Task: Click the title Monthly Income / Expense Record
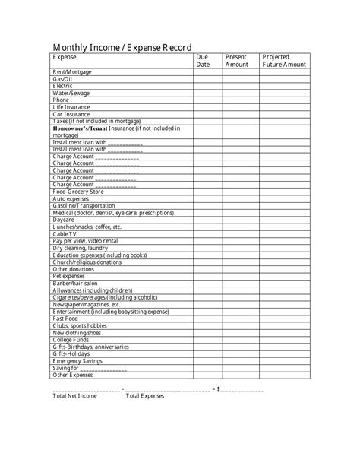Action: [x=122, y=46]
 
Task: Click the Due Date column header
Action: [x=203, y=61]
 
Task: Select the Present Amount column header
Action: [x=236, y=61]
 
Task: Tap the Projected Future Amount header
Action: [x=283, y=61]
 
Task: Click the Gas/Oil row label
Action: [x=62, y=79]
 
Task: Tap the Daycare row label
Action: [x=63, y=220]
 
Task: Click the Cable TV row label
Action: [x=65, y=234]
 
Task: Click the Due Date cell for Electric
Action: [x=207, y=86]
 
